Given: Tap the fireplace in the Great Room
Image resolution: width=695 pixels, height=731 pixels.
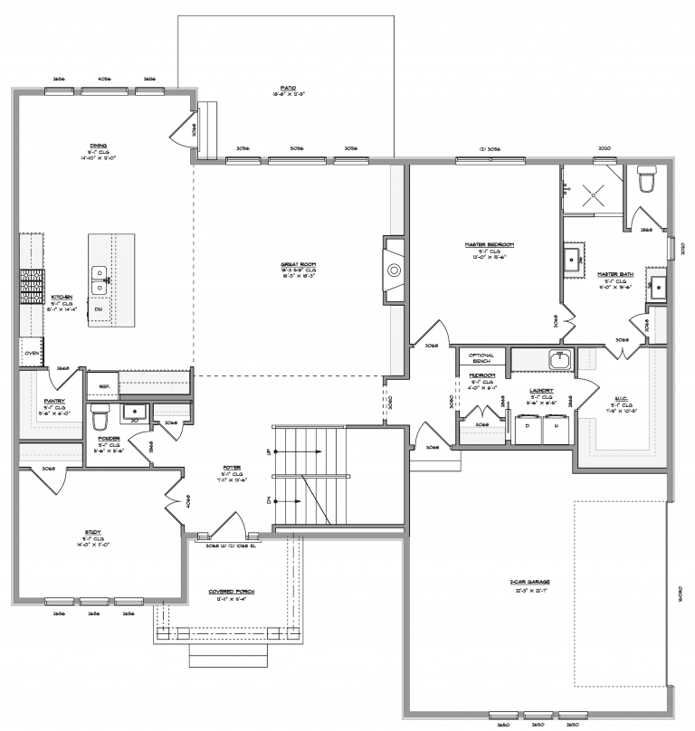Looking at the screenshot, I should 392,270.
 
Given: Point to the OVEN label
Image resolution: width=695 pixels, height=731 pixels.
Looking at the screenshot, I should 31,353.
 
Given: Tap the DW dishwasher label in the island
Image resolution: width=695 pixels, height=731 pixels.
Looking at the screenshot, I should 99,310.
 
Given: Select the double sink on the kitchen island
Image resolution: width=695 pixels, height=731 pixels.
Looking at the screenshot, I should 99,280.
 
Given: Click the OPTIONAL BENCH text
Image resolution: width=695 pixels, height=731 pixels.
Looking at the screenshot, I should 481,358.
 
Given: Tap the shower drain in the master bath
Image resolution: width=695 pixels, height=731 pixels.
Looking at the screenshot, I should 591,191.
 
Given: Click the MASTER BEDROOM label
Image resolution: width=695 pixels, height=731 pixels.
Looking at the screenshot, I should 490,245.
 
